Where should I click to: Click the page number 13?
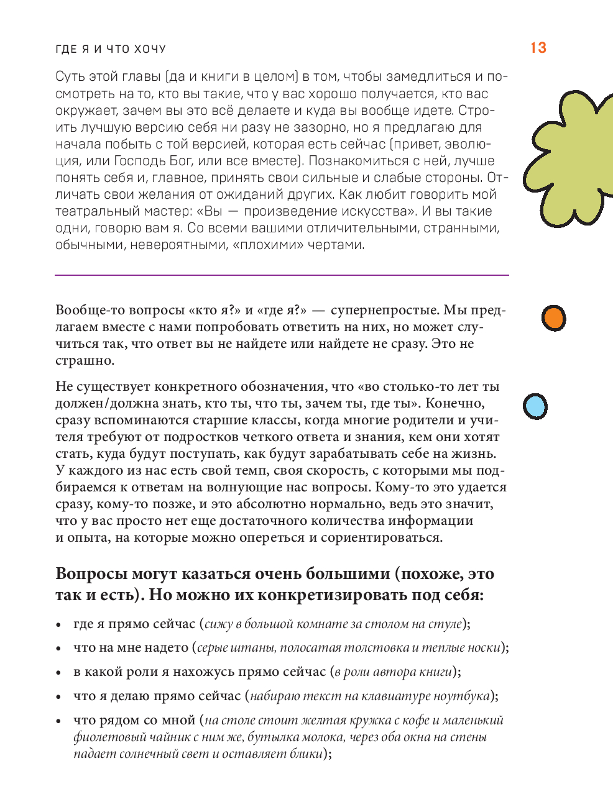[x=538, y=48]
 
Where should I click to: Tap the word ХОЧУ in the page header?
[x=150, y=49]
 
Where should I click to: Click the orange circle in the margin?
[x=553, y=318]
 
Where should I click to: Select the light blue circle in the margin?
[x=535, y=406]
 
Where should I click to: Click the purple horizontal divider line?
[x=282, y=275]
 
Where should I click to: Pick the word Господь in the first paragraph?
[x=137, y=161]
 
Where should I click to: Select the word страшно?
[x=84, y=360]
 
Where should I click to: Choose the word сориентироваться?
[x=381, y=537]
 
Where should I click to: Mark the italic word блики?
[x=306, y=754]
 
